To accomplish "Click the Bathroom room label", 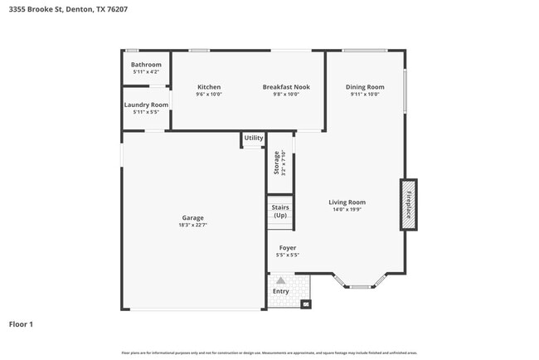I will (146, 65).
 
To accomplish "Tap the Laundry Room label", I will (146, 105).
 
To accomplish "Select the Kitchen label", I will (209, 87).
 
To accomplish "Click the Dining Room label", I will (365, 87).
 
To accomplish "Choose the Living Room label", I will (347, 202).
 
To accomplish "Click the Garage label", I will (192, 218).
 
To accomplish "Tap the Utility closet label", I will (254, 138).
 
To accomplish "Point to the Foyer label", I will (288, 248).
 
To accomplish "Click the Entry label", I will (281, 291).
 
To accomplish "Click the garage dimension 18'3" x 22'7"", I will (192, 225).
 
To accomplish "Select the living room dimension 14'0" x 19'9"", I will (347, 209).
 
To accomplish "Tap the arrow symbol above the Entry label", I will (280, 281).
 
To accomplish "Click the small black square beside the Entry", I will (306, 304).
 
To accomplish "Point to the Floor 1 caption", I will (21, 324).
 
